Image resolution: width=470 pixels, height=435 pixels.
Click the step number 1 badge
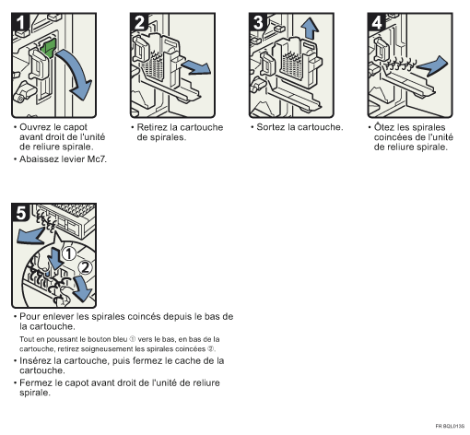pyautogui.click(x=20, y=22)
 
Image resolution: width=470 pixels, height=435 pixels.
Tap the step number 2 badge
pyautogui.click(x=139, y=22)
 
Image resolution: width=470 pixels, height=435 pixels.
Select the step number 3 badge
pyautogui.click(x=258, y=22)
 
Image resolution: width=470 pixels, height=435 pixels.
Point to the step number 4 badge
pyautogui.click(x=377, y=22)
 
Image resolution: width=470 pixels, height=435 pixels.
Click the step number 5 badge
pyautogui.click(x=20, y=212)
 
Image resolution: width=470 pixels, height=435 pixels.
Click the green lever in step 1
pyautogui.click(x=49, y=48)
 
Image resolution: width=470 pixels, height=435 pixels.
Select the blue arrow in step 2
pyautogui.click(x=197, y=67)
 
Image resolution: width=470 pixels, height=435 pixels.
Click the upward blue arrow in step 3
pyautogui.click(x=310, y=29)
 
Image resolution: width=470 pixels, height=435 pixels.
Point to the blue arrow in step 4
pyautogui.click(x=433, y=65)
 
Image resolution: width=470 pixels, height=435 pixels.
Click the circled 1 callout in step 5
pyautogui.click(x=69, y=254)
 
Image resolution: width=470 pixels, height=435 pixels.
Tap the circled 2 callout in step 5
pyautogui.click(x=85, y=267)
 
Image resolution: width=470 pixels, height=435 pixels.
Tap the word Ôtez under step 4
pyautogui.click(x=384, y=127)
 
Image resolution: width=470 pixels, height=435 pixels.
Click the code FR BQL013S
pyautogui.click(x=450, y=426)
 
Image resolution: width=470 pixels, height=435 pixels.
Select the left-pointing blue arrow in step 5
pyautogui.click(x=30, y=235)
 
